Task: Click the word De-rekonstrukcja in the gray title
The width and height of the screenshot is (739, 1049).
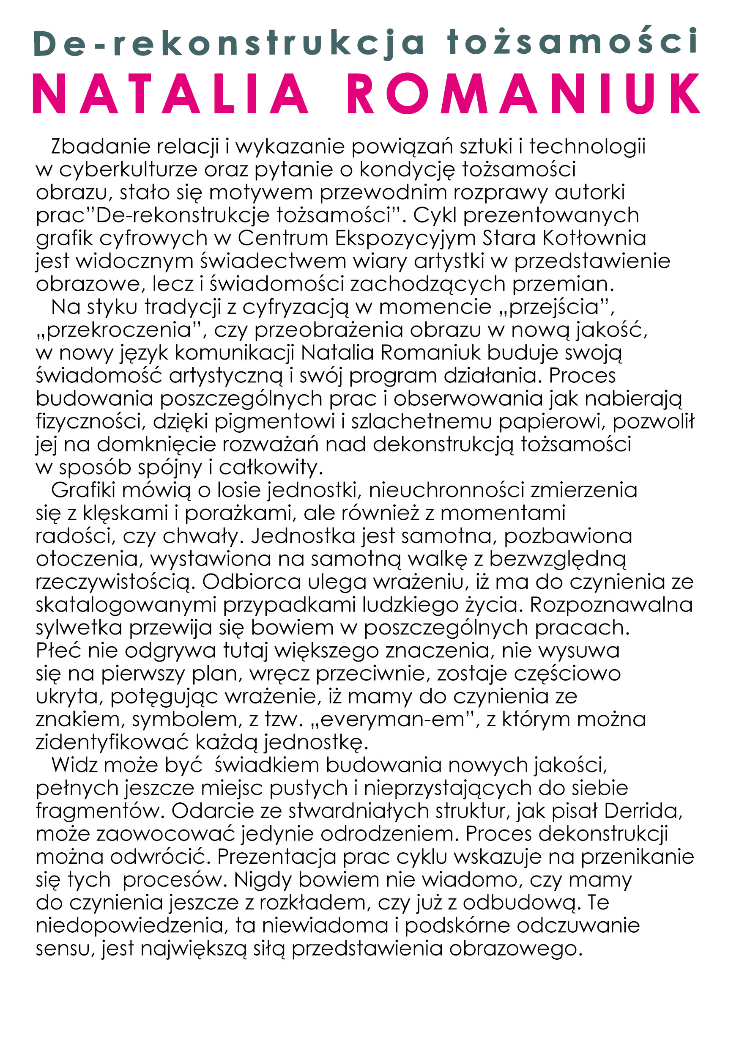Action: (x=228, y=44)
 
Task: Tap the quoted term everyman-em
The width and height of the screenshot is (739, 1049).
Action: (x=393, y=720)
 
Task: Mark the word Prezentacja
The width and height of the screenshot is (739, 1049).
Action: (x=277, y=857)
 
